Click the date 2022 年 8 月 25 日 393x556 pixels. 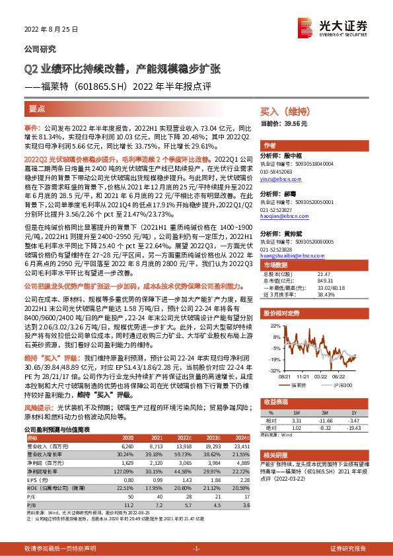tap(52, 30)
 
